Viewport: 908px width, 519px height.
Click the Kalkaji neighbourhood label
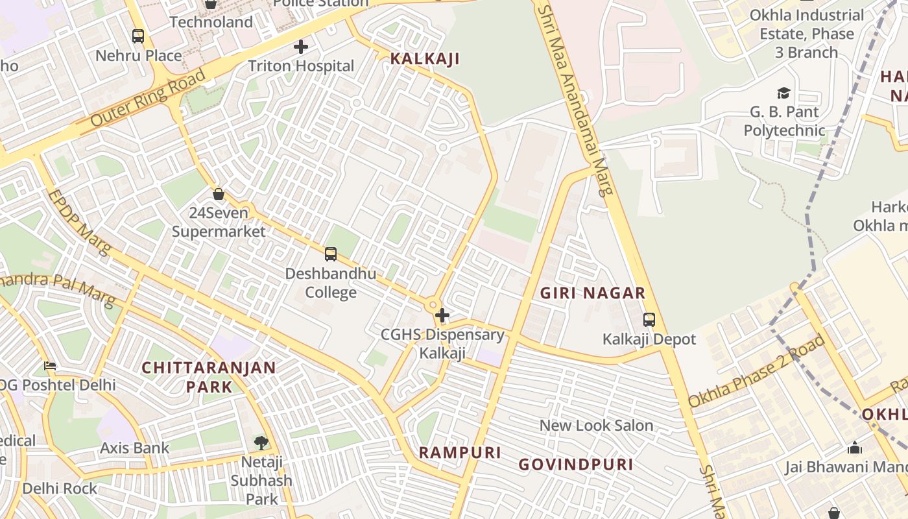tap(424, 59)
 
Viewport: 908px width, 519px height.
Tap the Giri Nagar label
tap(593, 293)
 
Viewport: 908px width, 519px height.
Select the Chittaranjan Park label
tap(209, 377)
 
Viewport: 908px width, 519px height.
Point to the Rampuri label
tap(460, 453)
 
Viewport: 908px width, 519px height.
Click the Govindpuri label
tap(576, 465)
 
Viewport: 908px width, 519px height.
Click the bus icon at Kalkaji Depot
tap(649, 319)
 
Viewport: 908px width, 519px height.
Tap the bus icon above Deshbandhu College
tap(331, 254)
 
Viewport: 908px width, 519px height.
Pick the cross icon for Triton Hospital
tap(301, 47)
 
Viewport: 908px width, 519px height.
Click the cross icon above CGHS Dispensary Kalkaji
tap(442, 316)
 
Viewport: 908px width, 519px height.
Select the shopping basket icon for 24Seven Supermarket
tap(219, 193)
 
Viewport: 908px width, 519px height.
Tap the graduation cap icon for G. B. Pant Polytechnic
tap(784, 93)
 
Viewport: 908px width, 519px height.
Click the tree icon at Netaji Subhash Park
tap(261, 443)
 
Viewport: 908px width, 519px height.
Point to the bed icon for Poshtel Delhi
tap(50, 366)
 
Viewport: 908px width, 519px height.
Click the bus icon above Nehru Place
tap(138, 36)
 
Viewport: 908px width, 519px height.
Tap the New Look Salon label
tap(597, 426)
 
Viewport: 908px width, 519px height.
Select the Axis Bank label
tap(134, 448)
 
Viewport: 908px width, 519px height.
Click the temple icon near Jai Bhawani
tap(855, 448)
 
